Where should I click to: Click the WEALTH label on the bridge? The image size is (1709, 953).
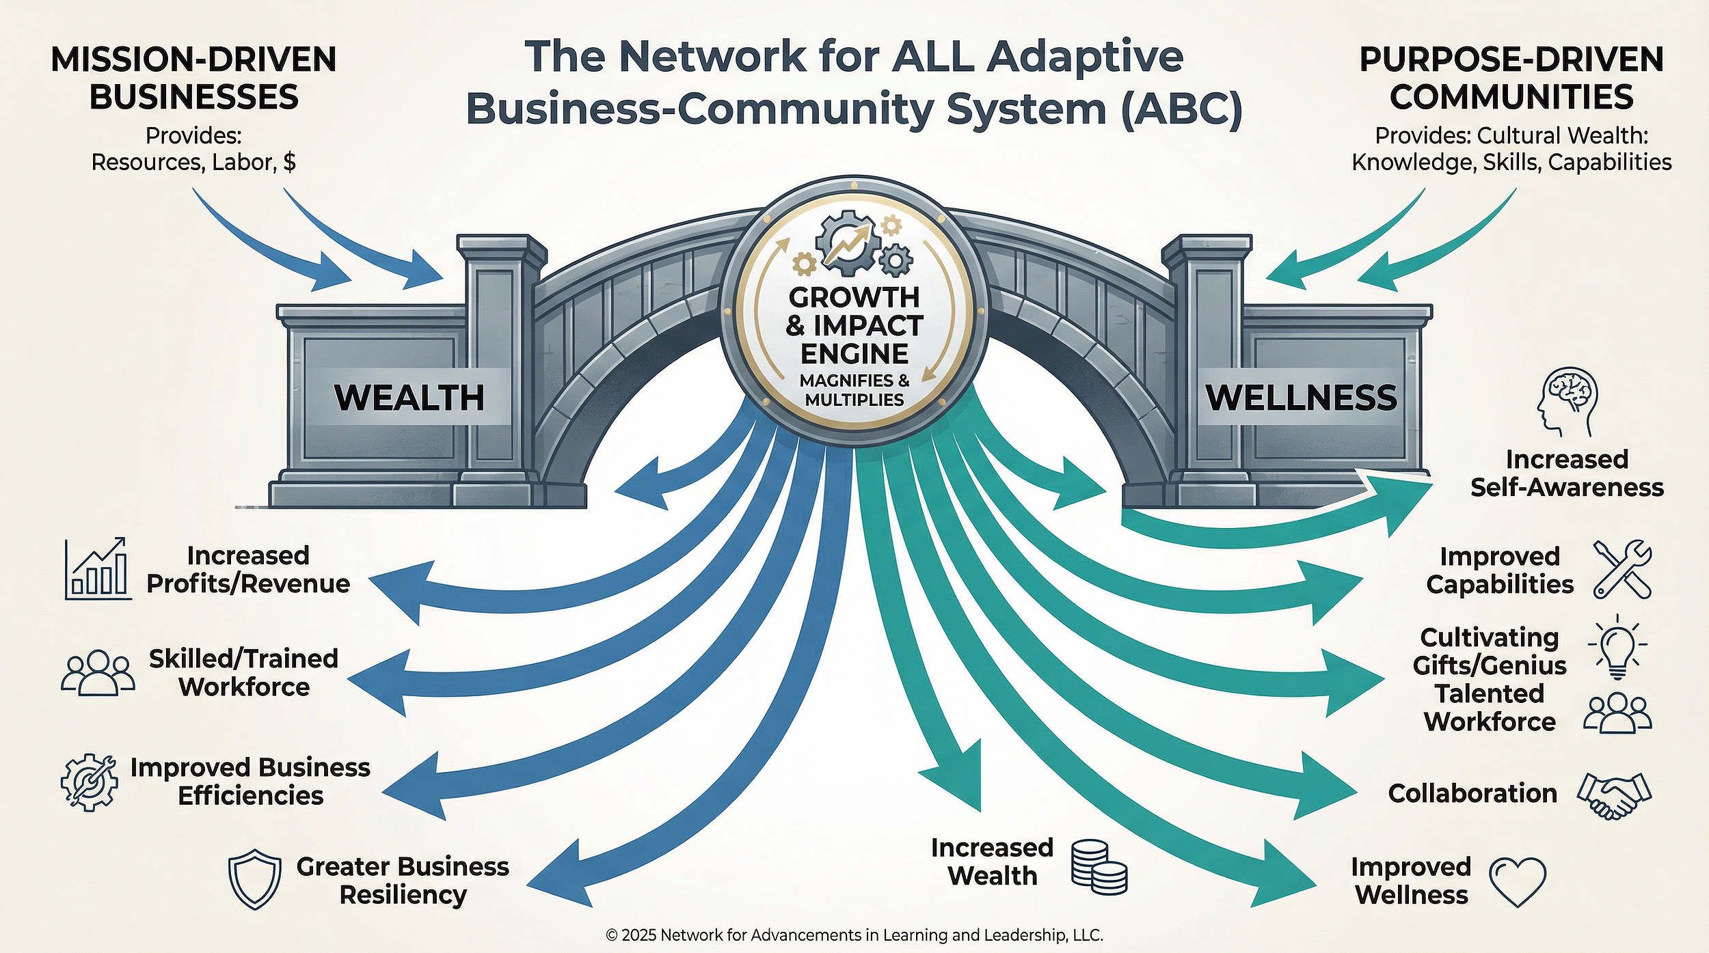[409, 398]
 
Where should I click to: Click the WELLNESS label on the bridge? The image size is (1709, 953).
[1301, 398]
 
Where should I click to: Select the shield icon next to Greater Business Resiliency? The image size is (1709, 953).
[254, 879]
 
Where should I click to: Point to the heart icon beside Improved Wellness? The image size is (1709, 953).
[1517, 881]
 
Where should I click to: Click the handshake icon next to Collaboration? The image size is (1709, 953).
[1614, 795]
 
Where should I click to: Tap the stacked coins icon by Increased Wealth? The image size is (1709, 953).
[1098, 867]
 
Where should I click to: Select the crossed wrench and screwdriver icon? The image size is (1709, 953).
[1621, 570]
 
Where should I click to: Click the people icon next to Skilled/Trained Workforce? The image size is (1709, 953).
[98, 673]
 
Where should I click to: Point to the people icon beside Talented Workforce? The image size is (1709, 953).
[1617, 715]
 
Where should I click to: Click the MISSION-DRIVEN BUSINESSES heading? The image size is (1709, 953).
[193, 78]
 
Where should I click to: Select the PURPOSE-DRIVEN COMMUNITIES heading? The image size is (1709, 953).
[1511, 78]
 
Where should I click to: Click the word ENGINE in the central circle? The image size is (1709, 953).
[854, 354]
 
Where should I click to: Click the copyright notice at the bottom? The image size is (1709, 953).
[854, 935]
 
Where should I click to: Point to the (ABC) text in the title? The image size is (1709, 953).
[1181, 109]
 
